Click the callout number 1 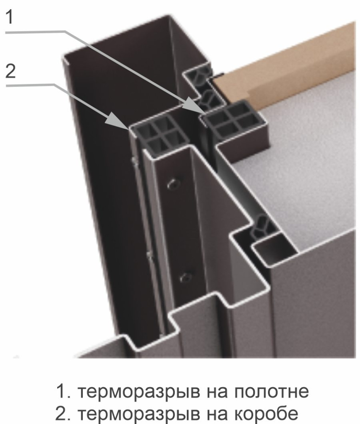click(9, 18)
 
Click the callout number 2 click(10, 71)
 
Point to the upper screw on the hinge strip click(171, 183)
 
